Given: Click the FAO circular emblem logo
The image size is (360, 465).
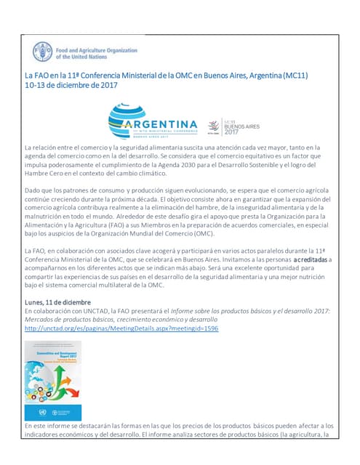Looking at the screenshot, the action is (42, 52).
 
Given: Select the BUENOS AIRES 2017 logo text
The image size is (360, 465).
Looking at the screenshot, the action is (243, 127).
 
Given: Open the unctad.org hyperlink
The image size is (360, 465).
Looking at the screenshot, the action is (121, 328).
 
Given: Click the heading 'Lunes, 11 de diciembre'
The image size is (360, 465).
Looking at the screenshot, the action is (57, 302).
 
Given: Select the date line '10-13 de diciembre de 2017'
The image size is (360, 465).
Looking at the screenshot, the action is (71, 85).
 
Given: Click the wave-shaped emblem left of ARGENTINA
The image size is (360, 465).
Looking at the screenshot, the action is (121, 122).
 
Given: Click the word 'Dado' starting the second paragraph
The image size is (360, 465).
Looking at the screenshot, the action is (33, 190).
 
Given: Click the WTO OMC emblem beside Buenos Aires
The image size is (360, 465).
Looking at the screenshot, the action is (214, 127).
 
